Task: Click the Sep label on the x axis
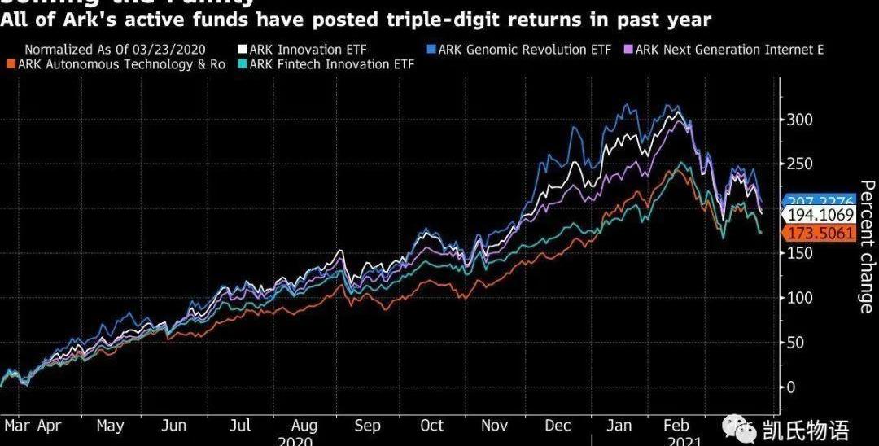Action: [x=367, y=426]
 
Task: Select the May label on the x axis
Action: [x=110, y=426]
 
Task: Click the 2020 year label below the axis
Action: [x=295, y=440]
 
